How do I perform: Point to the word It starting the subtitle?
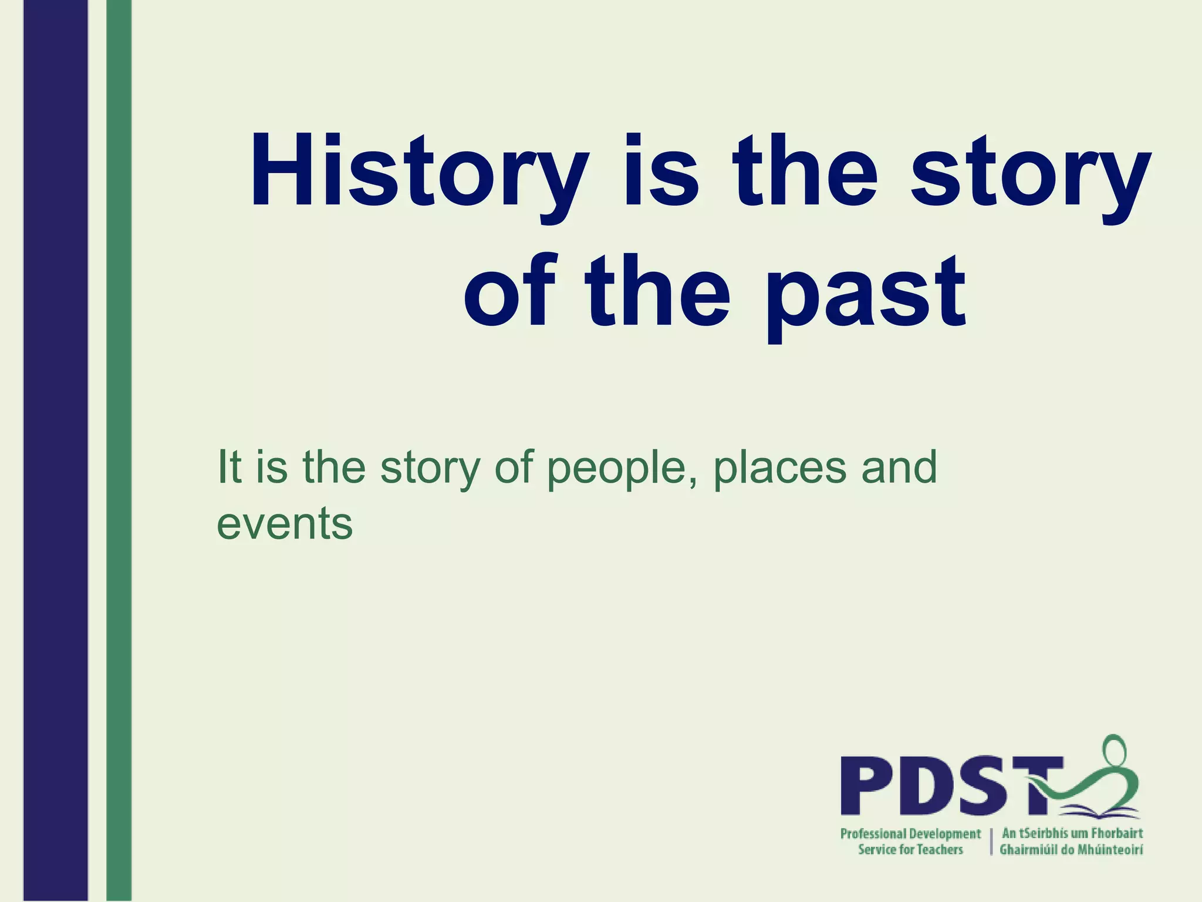[x=229, y=467]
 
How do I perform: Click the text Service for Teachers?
[x=910, y=850]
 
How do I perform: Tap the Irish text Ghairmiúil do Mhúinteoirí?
[x=1071, y=850]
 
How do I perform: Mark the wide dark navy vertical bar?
[x=56, y=451]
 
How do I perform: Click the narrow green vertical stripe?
[x=119, y=451]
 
